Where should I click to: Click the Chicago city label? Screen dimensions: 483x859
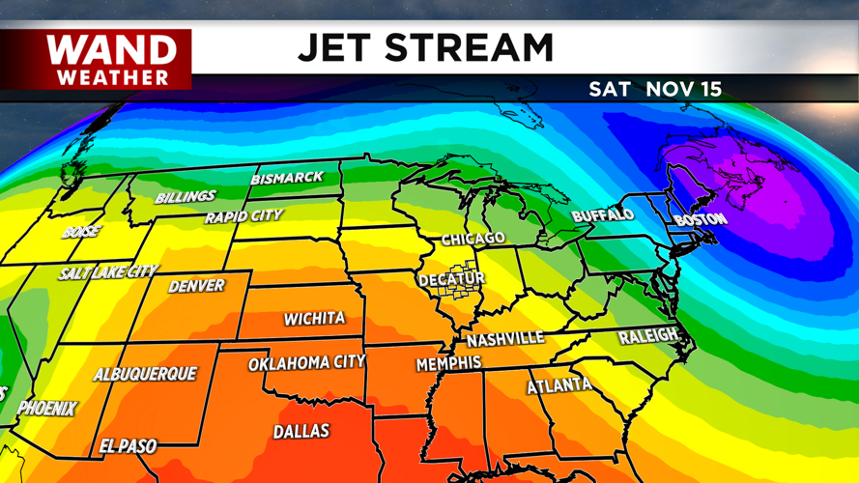(473, 239)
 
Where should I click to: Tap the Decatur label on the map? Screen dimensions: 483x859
(451, 280)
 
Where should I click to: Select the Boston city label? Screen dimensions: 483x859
(701, 220)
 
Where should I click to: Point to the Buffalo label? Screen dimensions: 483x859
(603, 215)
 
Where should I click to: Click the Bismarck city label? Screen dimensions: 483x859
(287, 179)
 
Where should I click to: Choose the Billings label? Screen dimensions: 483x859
(186, 197)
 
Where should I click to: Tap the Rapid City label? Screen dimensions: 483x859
(243, 216)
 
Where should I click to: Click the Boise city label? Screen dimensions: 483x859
(81, 233)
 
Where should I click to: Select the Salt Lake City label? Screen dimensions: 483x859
(107, 273)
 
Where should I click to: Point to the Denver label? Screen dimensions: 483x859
(196, 287)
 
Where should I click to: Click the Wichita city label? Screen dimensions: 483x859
(314, 318)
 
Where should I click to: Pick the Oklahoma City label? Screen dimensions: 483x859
(306, 363)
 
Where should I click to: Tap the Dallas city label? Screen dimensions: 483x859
(301, 432)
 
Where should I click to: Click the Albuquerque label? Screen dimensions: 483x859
(145, 374)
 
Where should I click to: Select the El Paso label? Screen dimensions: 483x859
(128, 446)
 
